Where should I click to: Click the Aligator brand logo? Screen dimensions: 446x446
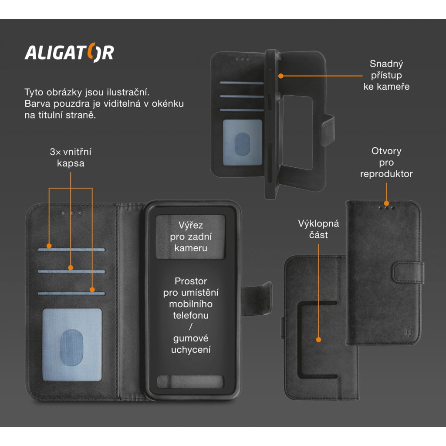[x=69, y=53]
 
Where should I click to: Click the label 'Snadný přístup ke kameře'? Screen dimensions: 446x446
[x=386, y=75]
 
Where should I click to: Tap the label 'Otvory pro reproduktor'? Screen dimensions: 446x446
[x=386, y=162]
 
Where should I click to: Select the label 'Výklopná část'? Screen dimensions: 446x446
[x=318, y=229]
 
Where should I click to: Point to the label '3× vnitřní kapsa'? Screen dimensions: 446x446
[x=71, y=158]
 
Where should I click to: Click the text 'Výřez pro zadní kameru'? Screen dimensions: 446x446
[x=191, y=237]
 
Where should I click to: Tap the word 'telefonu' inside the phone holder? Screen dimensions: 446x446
[x=191, y=315]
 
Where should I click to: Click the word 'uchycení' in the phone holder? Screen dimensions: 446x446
[x=191, y=349]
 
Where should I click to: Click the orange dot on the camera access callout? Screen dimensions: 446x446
[x=281, y=75]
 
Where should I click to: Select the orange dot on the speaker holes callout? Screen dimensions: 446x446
[x=386, y=203]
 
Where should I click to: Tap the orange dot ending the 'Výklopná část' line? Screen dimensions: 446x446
[x=318, y=339]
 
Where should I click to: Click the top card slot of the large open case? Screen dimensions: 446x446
[x=72, y=250]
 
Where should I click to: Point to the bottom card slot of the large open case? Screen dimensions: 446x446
[x=72, y=293]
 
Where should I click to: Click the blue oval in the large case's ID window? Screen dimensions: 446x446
[x=72, y=345]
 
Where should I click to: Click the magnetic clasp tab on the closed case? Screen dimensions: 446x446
[x=407, y=272]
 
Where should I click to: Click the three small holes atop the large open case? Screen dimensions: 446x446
[x=72, y=213]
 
